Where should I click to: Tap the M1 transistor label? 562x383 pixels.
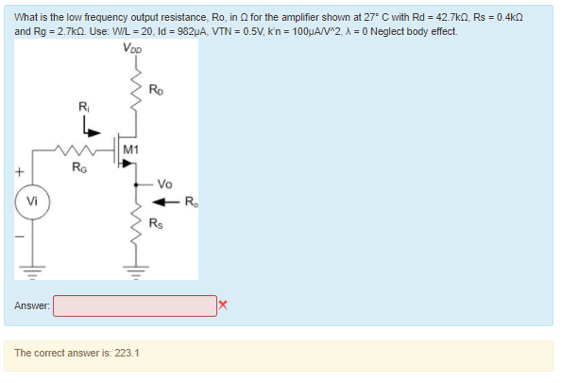(130, 149)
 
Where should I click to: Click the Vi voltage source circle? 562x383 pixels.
(33, 202)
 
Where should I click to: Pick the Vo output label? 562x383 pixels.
(164, 184)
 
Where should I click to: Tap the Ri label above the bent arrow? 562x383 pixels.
(82, 106)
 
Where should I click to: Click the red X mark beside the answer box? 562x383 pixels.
(223, 305)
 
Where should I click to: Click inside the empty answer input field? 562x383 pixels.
(134, 305)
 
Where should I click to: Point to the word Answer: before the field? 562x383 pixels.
(32, 305)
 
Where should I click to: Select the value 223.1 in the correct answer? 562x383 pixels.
(127, 353)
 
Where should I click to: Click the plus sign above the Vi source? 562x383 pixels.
(17, 173)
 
